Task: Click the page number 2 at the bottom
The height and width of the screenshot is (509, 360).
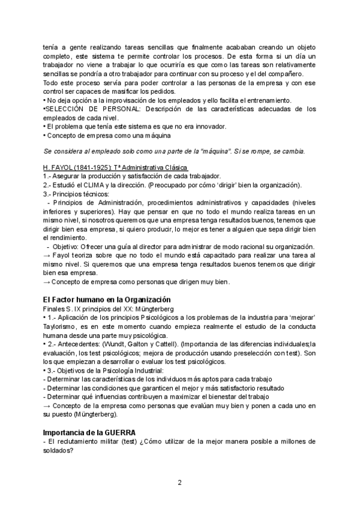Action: [x=179, y=483]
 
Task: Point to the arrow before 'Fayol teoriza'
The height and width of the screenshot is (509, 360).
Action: [x=47, y=256]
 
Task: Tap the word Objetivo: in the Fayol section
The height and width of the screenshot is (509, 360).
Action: [x=67, y=247]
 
